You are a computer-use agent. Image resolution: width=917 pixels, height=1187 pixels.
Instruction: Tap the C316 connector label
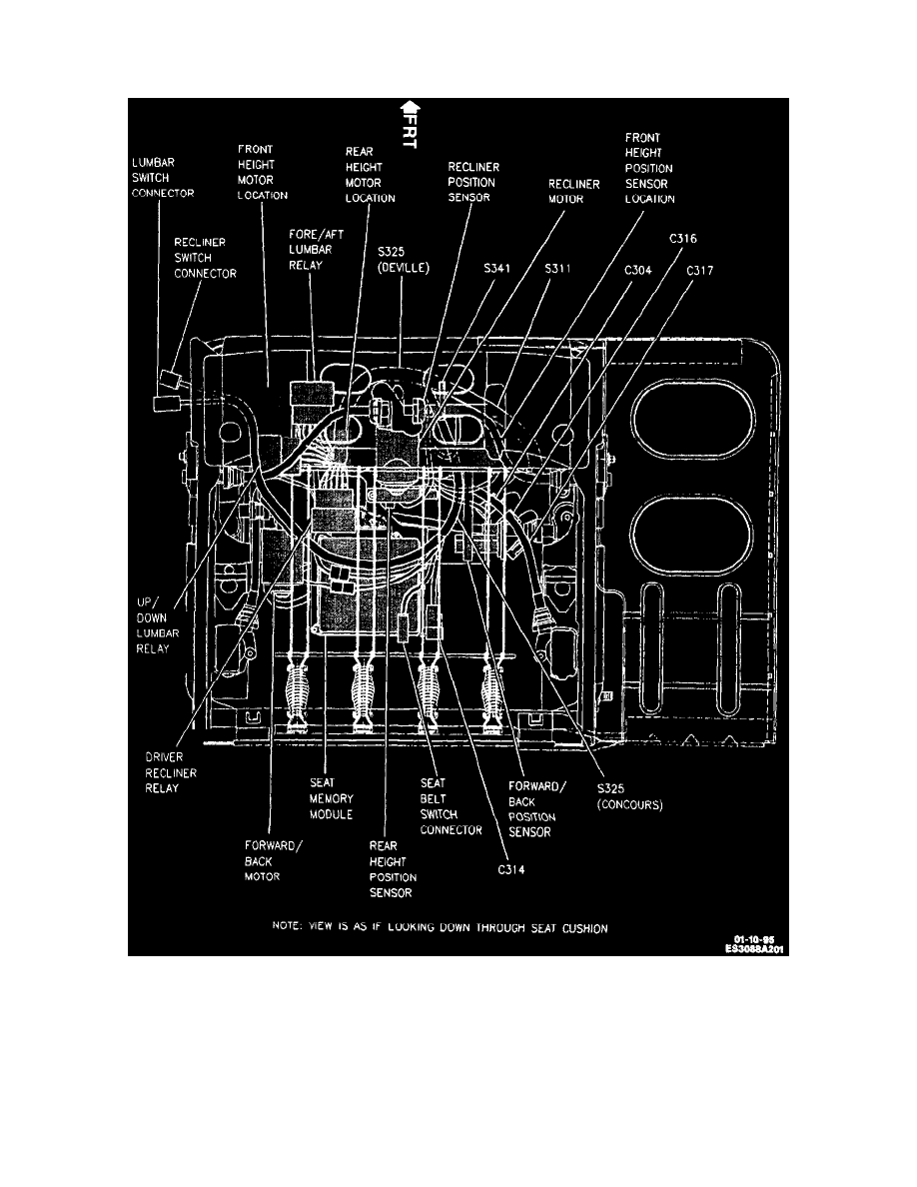tap(682, 239)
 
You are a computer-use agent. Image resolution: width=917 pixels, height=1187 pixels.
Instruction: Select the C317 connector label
tap(700, 270)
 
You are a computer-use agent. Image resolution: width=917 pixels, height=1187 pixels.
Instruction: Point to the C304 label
tap(638, 270)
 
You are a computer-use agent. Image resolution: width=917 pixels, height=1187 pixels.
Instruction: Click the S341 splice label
tap(497, 268)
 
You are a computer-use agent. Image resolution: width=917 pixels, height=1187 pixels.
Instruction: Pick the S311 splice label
tap(557, 268)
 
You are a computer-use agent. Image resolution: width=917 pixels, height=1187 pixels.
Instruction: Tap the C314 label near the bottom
tap(511, 869)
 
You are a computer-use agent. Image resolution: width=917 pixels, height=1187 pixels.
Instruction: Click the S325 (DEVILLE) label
tap(404, 260)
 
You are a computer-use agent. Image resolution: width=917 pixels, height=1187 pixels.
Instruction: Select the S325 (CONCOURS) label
tap(629, 796)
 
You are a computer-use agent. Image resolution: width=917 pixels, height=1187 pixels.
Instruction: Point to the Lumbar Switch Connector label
tap(163, 178)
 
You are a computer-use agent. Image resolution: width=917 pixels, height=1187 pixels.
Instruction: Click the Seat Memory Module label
tap(331, 798)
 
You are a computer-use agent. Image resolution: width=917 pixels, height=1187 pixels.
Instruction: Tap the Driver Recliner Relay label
tap(171, 772)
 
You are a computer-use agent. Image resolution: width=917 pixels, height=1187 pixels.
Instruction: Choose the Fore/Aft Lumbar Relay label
tap(316, 250)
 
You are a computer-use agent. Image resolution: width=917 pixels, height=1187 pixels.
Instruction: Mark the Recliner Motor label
tap(573, 192)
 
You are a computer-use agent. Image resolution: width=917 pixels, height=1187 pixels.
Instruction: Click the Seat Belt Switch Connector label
tap(451, 806)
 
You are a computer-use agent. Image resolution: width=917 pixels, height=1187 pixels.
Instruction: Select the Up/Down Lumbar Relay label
tap(158, 625)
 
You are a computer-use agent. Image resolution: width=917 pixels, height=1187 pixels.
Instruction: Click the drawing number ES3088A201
tap(754, 948)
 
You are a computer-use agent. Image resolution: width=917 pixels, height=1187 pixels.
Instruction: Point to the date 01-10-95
tap(753, 939)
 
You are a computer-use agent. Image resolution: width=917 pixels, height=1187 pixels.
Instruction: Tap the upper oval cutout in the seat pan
tap(692, 420)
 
